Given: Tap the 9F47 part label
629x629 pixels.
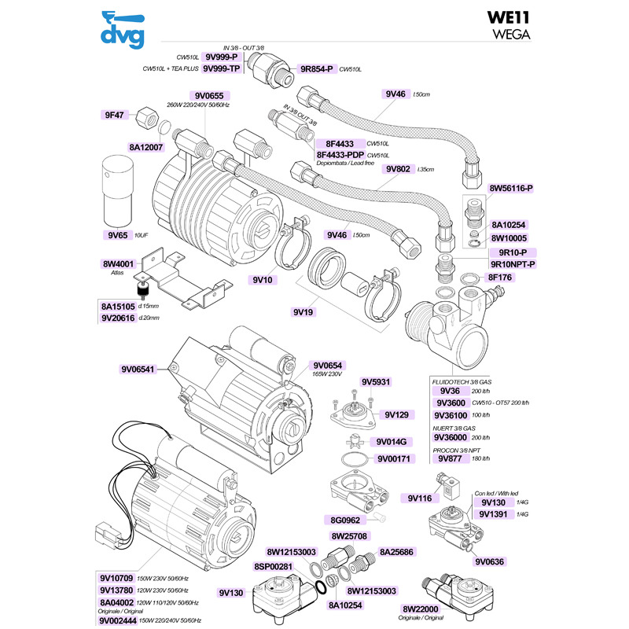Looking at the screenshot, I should tap(114, 115).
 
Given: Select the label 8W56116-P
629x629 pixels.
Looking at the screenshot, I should tap(511, 189).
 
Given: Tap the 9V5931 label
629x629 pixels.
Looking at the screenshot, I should tap(375, 382).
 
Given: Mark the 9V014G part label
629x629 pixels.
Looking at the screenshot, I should tap(391, 442).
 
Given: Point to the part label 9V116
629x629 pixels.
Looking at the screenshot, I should tap(421, 498).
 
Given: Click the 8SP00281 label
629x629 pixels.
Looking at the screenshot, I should tap(274, 566).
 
